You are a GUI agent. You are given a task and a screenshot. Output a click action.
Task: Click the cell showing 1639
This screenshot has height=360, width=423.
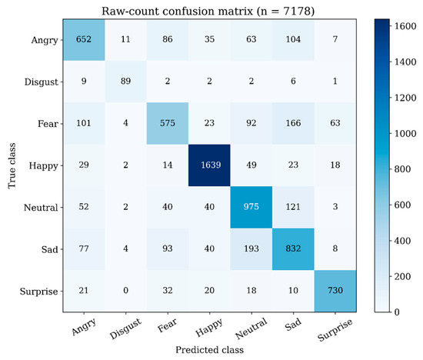[209, 165]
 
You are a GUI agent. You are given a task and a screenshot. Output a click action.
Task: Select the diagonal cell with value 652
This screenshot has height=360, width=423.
[84, 40]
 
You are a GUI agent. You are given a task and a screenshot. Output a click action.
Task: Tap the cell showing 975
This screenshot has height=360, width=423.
[251, 207]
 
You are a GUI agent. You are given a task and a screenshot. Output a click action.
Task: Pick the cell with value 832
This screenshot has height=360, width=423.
[293, 249]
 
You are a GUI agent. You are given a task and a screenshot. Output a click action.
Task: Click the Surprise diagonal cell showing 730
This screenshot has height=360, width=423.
[335, 291]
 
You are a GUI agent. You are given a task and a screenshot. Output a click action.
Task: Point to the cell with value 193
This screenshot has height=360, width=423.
[251, 249]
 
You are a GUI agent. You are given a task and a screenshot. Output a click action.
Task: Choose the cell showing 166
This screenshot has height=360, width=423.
[293, 123]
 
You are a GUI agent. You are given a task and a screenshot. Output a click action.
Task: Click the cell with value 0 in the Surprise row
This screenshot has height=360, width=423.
[125, 291]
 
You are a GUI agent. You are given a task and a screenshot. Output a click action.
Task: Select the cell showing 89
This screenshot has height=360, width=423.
[125, 82]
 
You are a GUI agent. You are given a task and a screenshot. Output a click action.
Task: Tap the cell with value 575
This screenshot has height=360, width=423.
[168, 123]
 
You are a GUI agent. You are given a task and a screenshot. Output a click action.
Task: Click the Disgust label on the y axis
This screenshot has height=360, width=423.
[42, 82]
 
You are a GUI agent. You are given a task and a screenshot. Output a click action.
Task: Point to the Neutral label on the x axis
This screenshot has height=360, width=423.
[251, 328]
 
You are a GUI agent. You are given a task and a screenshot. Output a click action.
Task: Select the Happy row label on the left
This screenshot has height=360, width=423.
[43, 166]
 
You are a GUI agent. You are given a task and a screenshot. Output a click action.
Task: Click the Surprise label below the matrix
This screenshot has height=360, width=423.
[335, 329]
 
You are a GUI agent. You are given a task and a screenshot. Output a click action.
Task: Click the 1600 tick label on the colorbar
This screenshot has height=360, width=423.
[405, 26]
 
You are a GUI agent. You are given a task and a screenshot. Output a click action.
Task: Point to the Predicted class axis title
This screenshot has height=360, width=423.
[210, 350]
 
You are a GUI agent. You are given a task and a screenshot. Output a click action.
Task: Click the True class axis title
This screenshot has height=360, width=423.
[12, 165]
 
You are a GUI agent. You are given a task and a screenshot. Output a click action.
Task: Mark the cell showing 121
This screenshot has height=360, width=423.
[293, 207]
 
